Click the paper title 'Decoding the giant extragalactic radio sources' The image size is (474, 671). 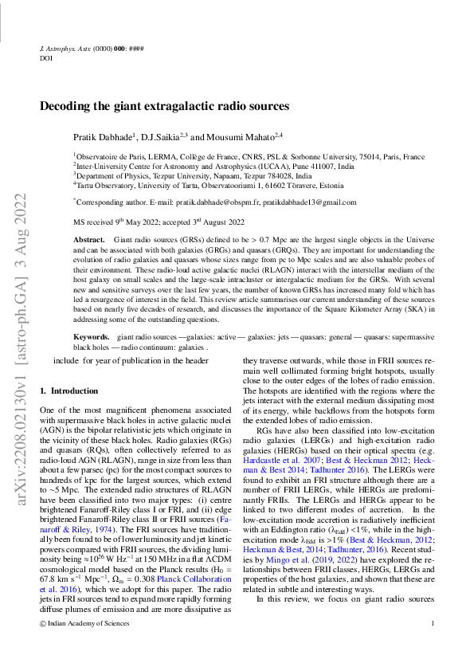click(164, 106)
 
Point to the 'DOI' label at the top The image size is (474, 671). click(45, 58)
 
